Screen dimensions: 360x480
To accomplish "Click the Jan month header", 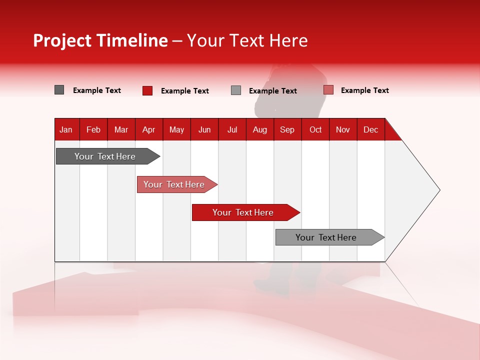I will pos(66,130).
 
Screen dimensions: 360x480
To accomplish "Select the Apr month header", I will pos(149,130).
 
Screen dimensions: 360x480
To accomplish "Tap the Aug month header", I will pos(260,130).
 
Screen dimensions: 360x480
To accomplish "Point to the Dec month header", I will pos(370,130).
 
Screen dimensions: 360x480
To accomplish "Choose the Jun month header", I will pos(204,130).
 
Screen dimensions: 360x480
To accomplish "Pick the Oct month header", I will pos(315,130).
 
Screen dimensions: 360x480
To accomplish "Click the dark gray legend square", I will pos(59,90).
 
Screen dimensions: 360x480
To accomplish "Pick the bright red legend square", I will pos(147,90).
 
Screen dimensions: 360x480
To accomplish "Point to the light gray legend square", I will pos(236,90).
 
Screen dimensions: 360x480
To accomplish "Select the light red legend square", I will pos(328,90).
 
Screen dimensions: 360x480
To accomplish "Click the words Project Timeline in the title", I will pos(100,40).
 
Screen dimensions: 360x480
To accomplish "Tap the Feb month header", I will pos(93,130).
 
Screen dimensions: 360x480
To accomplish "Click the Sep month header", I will pos(287,130).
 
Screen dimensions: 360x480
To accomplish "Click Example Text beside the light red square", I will pos(364,90).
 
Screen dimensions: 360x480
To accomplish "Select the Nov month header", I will pos(343,130).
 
